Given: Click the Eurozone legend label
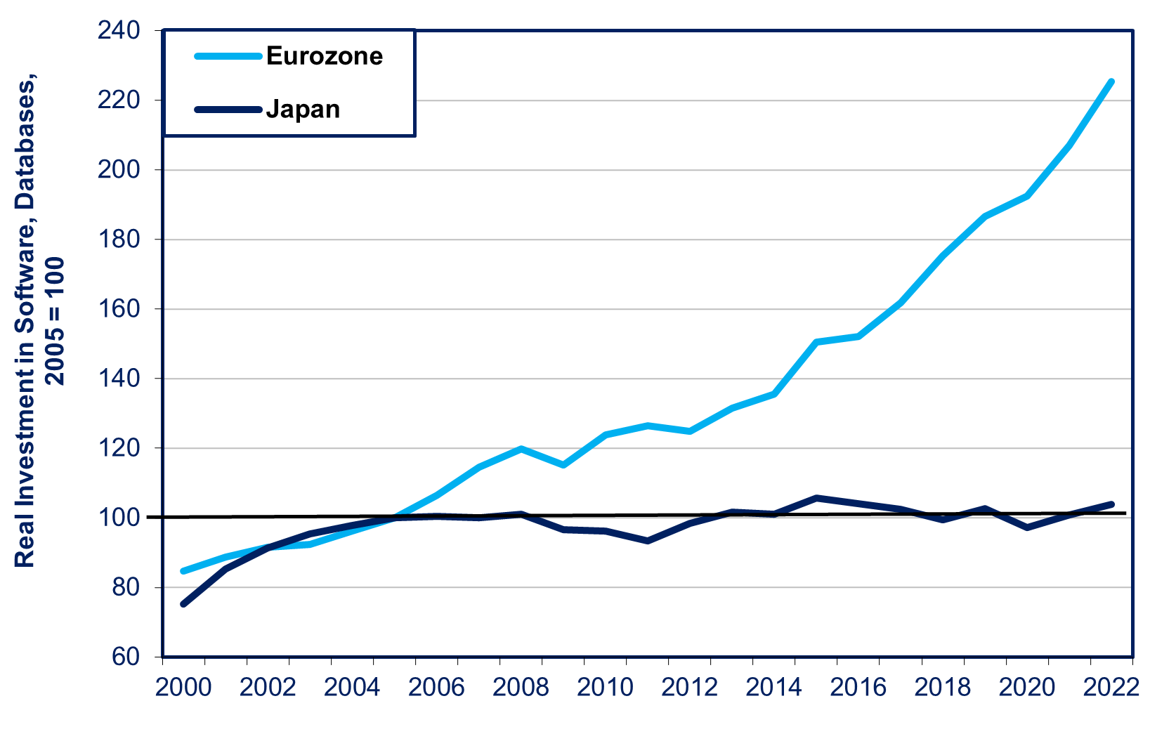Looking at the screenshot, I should pyautogui.click(x=325, y=56).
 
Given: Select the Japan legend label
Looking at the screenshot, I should pyautogui.click(x=303, y=110).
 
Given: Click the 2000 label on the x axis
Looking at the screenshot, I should pyautogui.click(x=183, y=688).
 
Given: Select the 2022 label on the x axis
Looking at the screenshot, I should pyautogui.click(x=1111, y=688).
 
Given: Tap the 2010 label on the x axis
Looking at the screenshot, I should pyautogui.click(x=605, y=688).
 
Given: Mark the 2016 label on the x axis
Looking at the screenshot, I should pyautogui.click(x=858, y=688).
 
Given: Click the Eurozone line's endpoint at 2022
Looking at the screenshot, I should pyautogui.click(x=1111, y=81).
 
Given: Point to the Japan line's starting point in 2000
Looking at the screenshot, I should pyautogui.click(x=183, y=604).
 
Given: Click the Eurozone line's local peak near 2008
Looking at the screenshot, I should pyautogui.click(x=521, y=449).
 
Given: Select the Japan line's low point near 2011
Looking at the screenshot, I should pyautogui.click(x=647, y=541).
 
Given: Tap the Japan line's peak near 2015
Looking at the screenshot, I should pyautogui.click(x=816, y=498).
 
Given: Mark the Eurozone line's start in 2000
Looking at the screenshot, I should pyautogui.click(x=183, y=571).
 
